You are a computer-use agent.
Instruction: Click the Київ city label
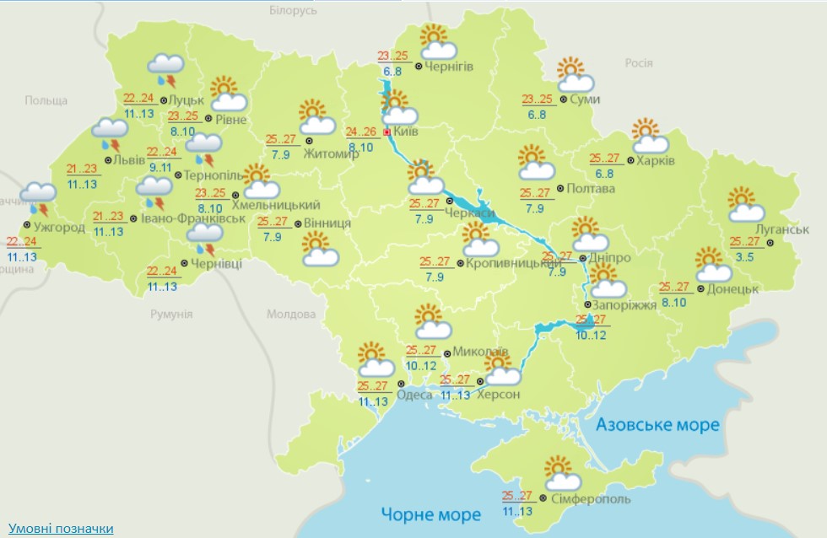407,132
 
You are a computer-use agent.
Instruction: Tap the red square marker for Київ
387,133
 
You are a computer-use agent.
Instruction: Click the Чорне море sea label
430,514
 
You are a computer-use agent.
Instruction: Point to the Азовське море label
657,424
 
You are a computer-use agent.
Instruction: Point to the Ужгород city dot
27,226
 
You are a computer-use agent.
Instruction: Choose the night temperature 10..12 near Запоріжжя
591,335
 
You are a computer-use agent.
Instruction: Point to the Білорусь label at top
292,11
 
